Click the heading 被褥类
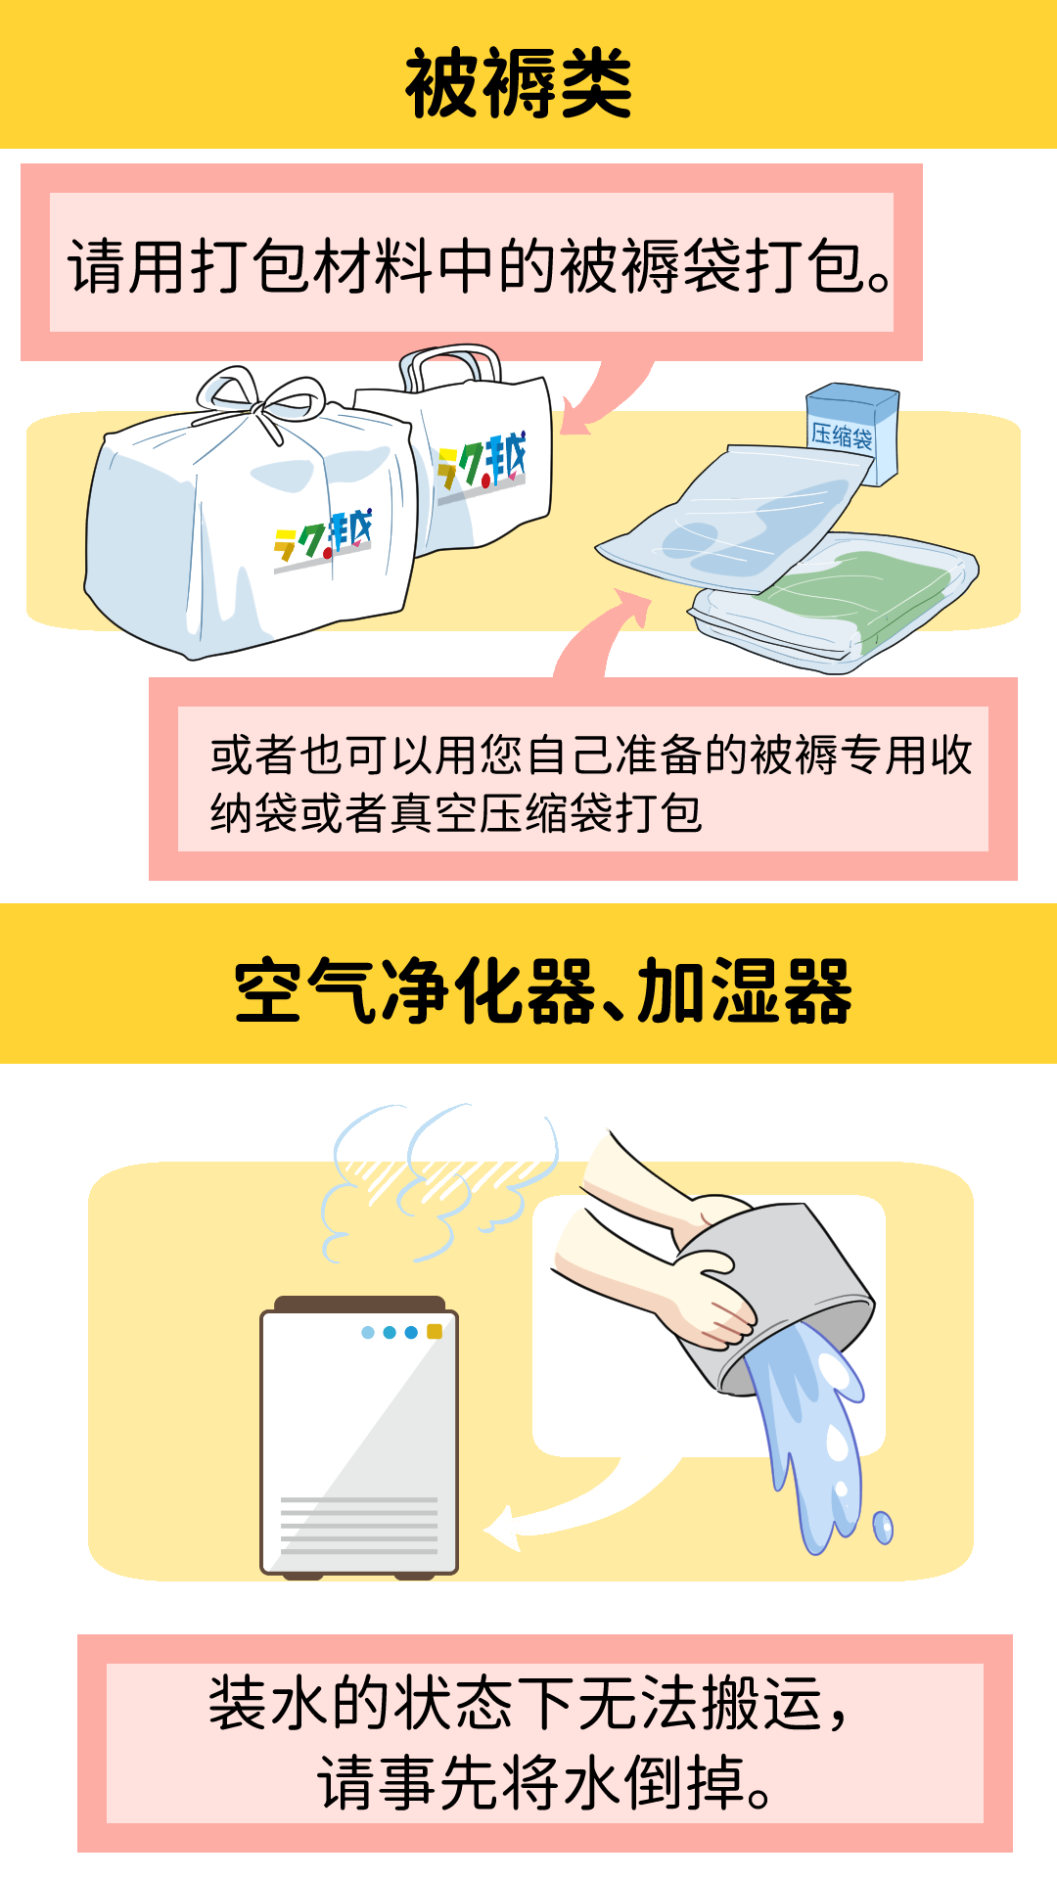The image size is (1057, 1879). point(519,84)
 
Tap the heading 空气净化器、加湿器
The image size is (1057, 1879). point(543,990)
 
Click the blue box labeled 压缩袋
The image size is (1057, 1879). point(852,432)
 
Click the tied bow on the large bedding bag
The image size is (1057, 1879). point(261,400)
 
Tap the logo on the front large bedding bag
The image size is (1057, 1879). point(323,540)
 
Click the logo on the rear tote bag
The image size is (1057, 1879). point(482,466)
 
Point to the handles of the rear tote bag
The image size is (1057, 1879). point(449,367)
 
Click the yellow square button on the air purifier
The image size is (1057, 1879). point(435,1331)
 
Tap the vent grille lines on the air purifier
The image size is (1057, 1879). point(358,1525)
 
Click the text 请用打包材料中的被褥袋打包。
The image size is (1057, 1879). point(480,265)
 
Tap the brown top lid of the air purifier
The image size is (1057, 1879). point(359,1305)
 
